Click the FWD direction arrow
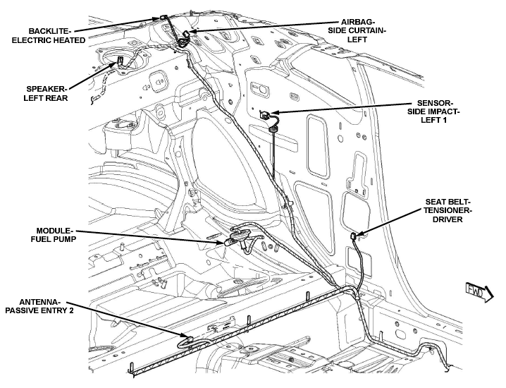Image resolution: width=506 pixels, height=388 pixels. pyautogui.click(x=479, y=291)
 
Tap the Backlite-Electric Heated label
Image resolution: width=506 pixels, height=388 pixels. pyautogui.click(x=49, y=35)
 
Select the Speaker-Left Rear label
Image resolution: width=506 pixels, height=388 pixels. pyautogui.click(x=46, y=93)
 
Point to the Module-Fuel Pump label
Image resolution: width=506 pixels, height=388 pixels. pyautogui.click(x=54, y=235)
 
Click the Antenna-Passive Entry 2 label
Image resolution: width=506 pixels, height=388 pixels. pyautogui.click(x=39, y=306)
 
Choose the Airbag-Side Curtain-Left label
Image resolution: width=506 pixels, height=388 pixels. pyautogui.click(x=357, y=31)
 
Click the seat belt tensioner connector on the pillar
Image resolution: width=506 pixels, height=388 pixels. pyautogui.click(x=354, y=236)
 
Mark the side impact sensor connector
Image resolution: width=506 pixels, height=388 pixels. pyautogui.click(x=264, y=115)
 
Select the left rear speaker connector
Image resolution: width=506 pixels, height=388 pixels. pyautogui.click(x=120, y=61)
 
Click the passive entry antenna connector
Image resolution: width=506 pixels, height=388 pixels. pyautogui.click(x=190, y=339)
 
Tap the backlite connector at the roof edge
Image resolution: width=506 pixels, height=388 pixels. pyautogui.click(x=163, y=18)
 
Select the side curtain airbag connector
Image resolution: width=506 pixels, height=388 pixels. pyautogui.click(x=187, y=33)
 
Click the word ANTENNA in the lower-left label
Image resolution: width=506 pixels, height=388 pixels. pyautogui.click(x=39, y=302)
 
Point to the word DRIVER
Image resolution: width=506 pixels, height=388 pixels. pyautogui.click(x=448, y=219)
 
